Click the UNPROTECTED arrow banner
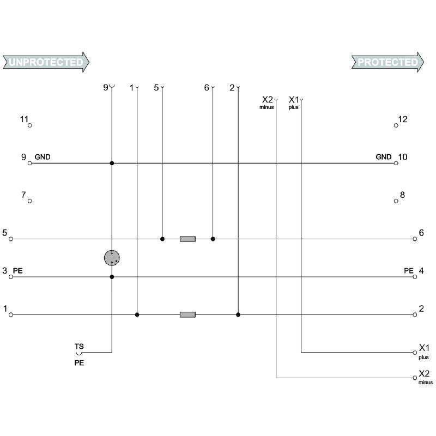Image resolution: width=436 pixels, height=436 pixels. [x=46, y=62]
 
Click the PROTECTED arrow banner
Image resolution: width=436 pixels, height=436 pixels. [x=387, y=62]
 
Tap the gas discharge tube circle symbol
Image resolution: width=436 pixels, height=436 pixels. [x=112, y=258]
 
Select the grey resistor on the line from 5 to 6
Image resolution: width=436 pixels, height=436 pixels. [x=187, y=239]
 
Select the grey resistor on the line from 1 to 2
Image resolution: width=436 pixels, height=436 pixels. [x=187, y=315]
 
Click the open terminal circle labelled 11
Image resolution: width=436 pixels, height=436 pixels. [x=30, y=125]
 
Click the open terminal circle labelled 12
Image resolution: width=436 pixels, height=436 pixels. [x=396, y=125]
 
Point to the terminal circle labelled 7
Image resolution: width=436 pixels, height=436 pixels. [x=30, y=201]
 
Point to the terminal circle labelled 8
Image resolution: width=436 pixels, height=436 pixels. [x=396, y=201]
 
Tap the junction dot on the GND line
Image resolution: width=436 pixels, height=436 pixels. [x=112, y=163]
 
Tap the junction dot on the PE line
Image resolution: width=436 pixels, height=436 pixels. [x=112, y=277]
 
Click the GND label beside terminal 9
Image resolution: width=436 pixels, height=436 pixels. [x=43, y=157]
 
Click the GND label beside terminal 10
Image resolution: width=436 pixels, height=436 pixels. [x=384, y=157]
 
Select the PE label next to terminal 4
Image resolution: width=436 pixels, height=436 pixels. [x=408, y=271]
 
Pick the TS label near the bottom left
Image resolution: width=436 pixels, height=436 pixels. [x=79, y=347]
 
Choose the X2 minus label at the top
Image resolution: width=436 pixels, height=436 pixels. [x=267, y=102]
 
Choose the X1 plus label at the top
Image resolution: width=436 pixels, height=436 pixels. [x=294, y=102]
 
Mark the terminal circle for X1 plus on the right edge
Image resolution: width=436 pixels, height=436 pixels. [x=415, y=353]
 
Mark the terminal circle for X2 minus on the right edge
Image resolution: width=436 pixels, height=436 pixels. [x=415, y=378]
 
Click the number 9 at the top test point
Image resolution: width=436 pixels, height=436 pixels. [x=106, y=88]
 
